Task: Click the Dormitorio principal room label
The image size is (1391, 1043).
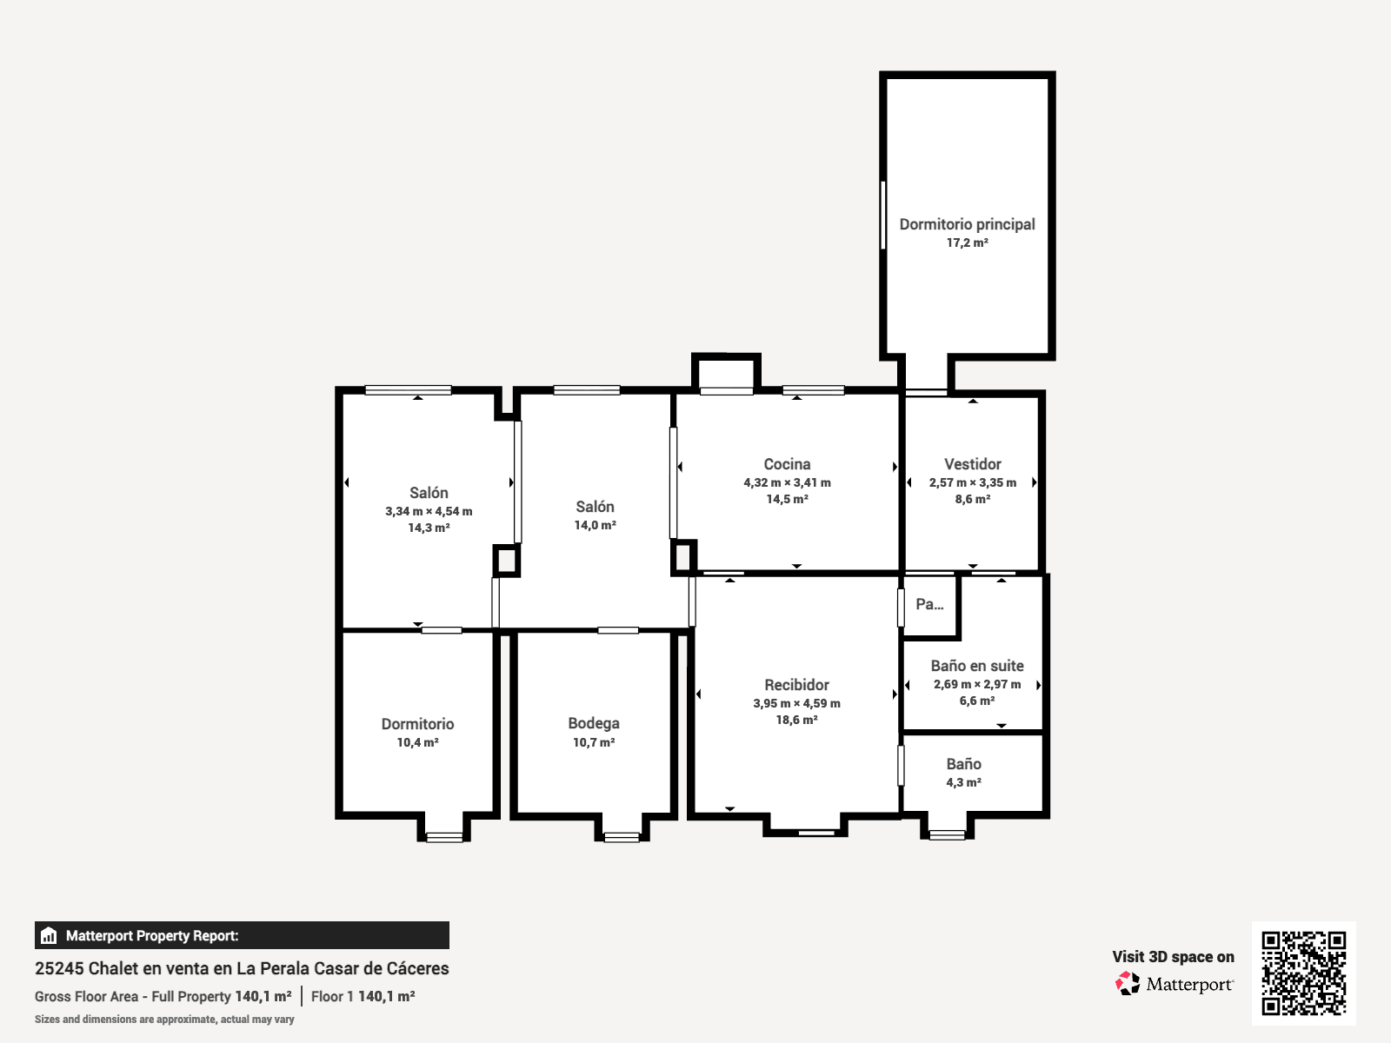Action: (x=967, y=224)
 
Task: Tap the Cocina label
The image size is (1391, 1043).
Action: (x=787, y=464)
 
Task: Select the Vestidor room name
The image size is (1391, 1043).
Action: (x=973, y=464)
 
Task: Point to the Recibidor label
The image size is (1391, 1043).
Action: (x=796, y=685)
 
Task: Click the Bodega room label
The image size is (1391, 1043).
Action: (x=594, y=723)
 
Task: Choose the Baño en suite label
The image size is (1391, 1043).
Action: (x=977, y=666)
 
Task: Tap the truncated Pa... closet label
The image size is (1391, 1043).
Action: (x=929, y=604)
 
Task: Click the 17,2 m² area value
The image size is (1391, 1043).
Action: (x=967, y=242)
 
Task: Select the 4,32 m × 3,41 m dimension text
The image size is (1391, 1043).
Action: (x=787, y=482)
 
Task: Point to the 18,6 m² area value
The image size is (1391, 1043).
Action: (x=796, y=720)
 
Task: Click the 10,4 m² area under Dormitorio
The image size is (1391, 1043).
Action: (x=417, y=742)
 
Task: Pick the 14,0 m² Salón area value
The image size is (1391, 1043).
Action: (x=595, y=525)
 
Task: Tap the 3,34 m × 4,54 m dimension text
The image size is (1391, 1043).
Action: (x=429, y=511)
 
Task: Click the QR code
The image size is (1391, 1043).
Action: (x=1303, y=973)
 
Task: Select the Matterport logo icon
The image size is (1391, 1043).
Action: (x=1128, y=984)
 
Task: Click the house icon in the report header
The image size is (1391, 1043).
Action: (x=49, y=935)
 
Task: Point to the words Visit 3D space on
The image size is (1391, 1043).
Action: (x=1173, y=957)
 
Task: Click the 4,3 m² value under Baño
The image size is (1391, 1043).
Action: (x=964, y=783)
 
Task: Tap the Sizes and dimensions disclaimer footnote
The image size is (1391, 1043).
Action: (x=164, y=1019)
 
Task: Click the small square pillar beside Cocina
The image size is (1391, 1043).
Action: (x=683, y=557)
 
